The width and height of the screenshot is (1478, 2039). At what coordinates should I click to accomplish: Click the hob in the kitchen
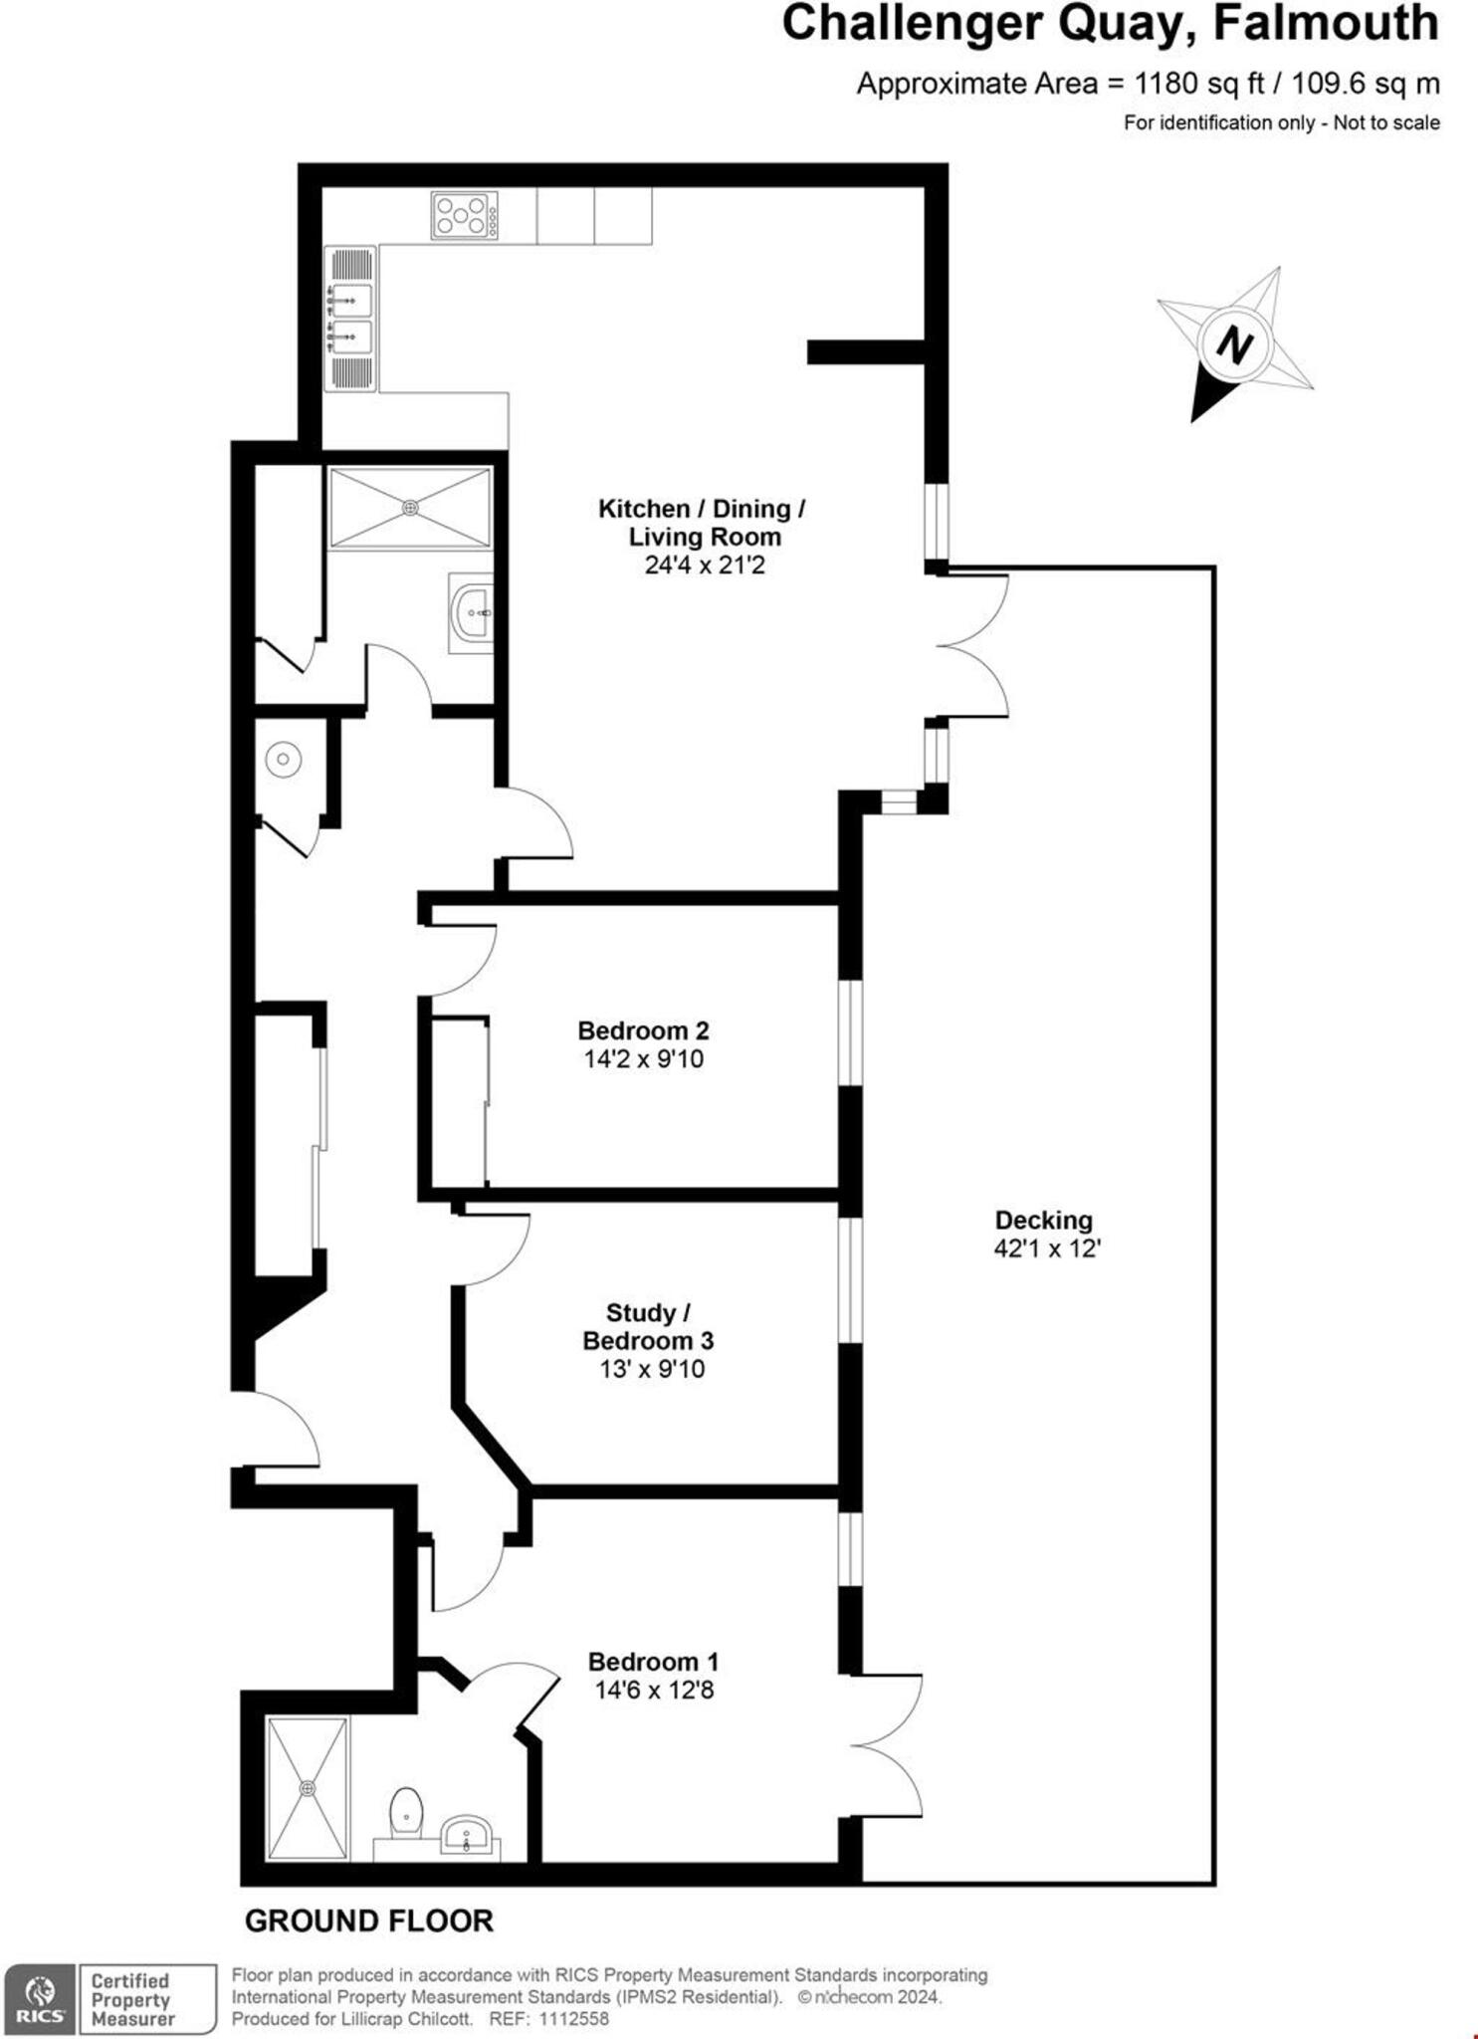pos(464,215)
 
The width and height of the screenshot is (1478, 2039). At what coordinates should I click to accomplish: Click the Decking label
pos(1044,1220)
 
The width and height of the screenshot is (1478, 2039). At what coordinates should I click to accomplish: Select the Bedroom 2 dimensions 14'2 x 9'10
pos(643,1058)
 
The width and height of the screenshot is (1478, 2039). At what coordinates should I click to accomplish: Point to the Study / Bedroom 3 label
pos(648,1326)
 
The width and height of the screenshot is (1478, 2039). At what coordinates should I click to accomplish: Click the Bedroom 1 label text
pos(653,1661)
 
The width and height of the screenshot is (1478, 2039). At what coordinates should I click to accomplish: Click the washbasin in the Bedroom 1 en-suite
pos(466,1832)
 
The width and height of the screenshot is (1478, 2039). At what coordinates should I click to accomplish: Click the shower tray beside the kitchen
pos(410,508)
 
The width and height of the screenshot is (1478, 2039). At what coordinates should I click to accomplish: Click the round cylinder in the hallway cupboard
pos(284,760)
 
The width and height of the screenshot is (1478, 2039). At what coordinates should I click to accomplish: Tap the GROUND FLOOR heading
pos(368,1921)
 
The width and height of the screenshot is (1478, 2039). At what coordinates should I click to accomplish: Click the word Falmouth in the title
pos(1325,24)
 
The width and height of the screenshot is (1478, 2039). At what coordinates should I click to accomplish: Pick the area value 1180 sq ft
pos(1199,84)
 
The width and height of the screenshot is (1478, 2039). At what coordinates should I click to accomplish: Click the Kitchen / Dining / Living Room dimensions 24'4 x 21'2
pos(704,566)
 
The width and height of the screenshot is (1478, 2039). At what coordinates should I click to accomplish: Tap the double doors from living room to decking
pos(972,646)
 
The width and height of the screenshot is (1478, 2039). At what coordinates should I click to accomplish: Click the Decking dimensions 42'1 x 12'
pos(1046,1248)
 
